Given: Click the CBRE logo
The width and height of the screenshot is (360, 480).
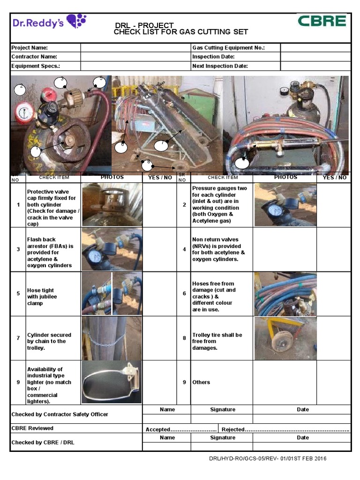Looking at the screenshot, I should point(322,22).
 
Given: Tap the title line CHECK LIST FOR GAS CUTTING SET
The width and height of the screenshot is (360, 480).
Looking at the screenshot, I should point(180,32).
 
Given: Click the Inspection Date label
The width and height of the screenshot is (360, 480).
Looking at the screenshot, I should point(213,57).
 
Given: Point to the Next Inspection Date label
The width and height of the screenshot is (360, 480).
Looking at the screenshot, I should point(220,66).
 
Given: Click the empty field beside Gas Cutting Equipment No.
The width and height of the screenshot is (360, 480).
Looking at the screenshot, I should point(315,48).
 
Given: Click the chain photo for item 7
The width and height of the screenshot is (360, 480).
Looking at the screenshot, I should point(112,338).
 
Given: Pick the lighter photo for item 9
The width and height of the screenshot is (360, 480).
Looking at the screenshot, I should point(112,382).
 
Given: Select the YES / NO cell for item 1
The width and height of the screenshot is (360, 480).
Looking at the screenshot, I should point(160,205).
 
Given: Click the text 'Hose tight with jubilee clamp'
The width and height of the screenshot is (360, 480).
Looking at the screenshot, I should point(42,297).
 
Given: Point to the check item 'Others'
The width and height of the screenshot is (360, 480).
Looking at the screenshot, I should point(202,382).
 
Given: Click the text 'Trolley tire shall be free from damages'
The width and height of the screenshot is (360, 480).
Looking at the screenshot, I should point(217,341).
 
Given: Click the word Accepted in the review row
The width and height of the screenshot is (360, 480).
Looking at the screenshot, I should point(157,429).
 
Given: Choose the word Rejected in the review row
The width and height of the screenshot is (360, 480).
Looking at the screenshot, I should point(233,429).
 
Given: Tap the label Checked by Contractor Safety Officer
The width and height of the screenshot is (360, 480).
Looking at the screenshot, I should point(60,414).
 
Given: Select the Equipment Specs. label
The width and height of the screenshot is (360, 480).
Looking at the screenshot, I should point(36,66).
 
